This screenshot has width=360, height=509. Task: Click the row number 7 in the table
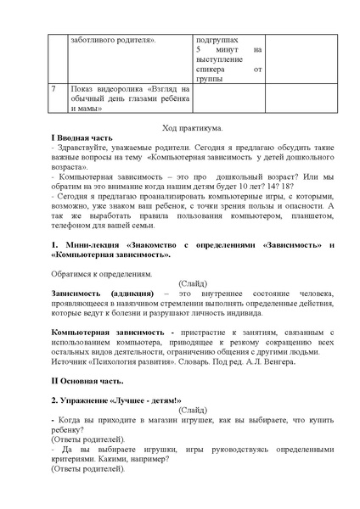coord(53,88)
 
